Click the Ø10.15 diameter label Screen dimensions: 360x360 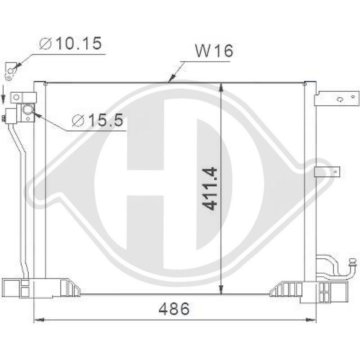pyautogui.click(x=71, y=43)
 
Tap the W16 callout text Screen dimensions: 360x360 pyautogui.click(x=214, y=51)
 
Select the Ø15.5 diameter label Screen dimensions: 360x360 pyautogui.click(x=97, y=120)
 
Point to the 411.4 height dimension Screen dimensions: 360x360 pyautogui.click(x=210, y=189)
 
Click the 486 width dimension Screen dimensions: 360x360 pyautogui.click(x=174, y=309)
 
